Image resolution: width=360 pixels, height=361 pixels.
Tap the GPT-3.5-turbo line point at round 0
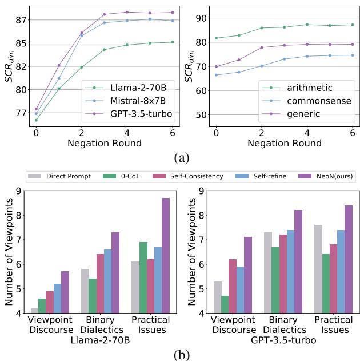pos(36,109)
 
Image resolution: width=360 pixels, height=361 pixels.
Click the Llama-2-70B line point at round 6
pos(173,42)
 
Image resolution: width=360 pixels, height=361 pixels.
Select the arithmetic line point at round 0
pos(215,38)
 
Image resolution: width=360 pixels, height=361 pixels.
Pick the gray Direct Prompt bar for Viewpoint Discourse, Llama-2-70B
pos(35,311)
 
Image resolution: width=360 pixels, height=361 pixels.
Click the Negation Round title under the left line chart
pos(104,143)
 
